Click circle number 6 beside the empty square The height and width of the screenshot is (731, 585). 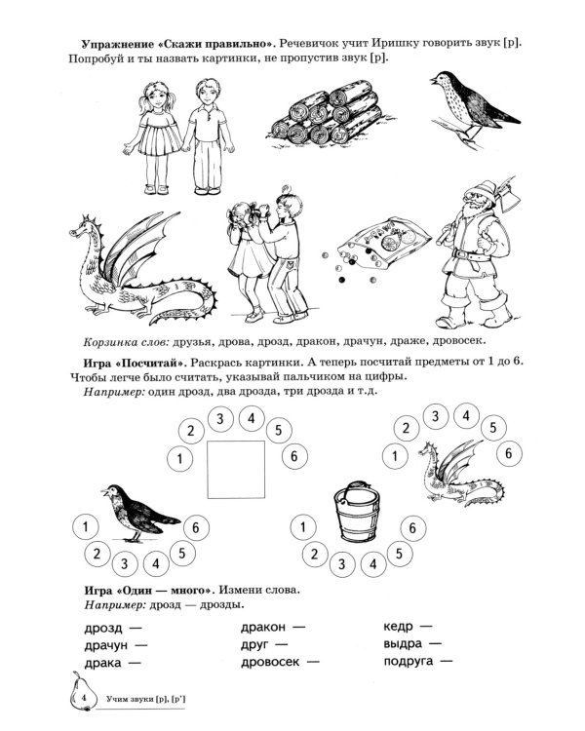click(289, 456)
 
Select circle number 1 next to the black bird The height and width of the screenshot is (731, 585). click(86, 527)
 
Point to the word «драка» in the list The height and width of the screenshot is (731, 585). click(96, 663)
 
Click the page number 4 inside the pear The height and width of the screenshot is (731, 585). click(86, 699)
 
